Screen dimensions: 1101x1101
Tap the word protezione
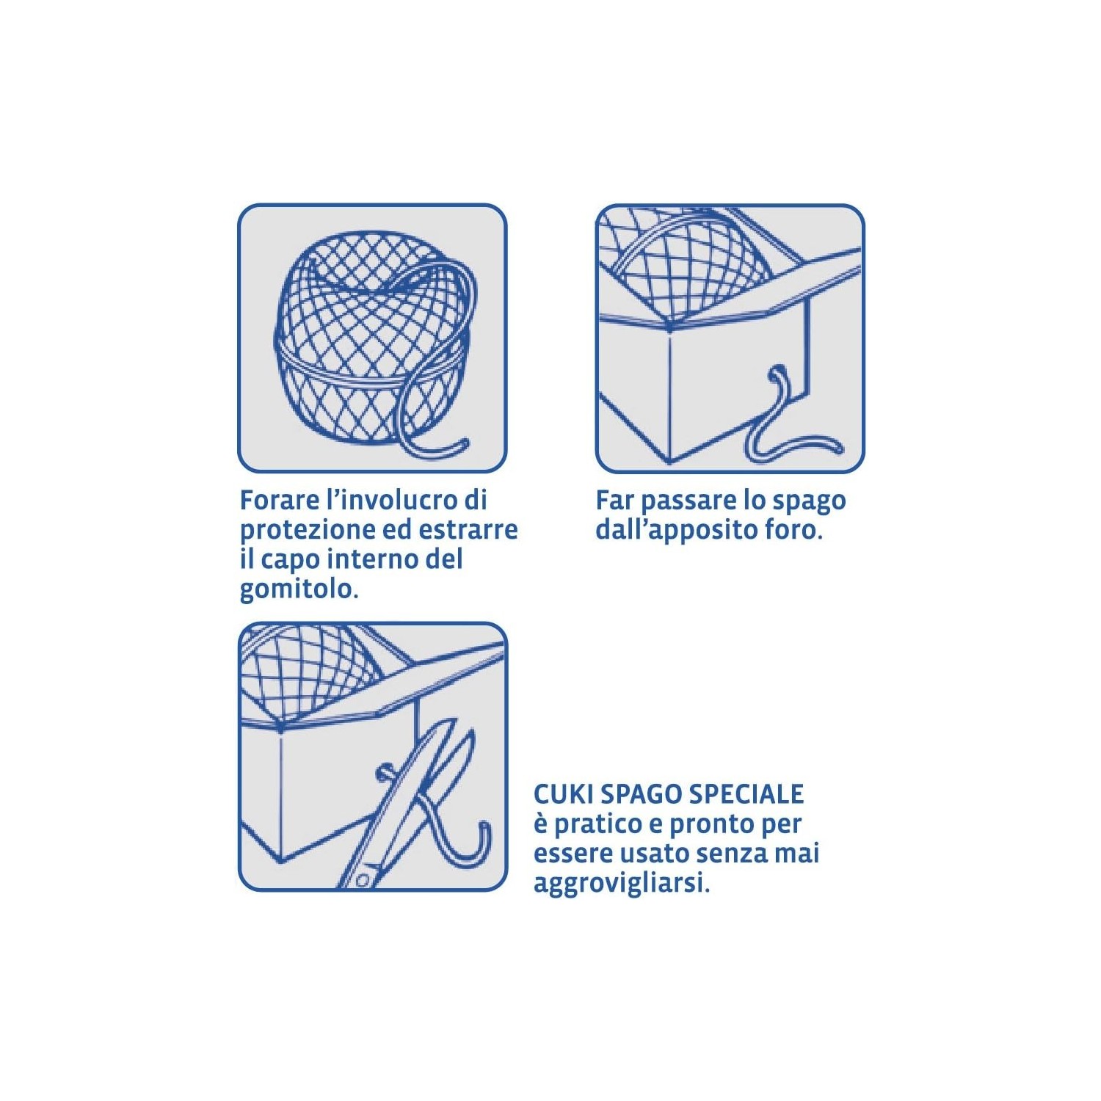(308, 531)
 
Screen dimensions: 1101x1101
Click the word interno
(373, 560)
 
